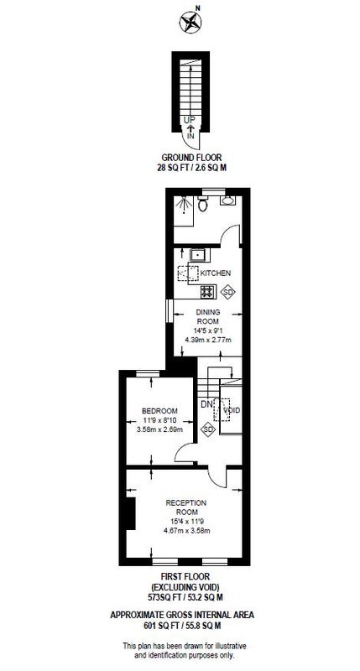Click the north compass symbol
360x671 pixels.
pyautogui.click(x=190, y=22)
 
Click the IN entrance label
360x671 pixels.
pyautogui.click(x=190, y=136)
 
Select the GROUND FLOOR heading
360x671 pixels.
pyautogui.click(x=191, y=158)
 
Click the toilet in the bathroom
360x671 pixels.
pyautogui.click(x=202, y=204)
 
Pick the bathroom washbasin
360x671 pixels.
pyautogui.click(x=227, y=200)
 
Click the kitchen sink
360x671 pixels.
pyautogui.click(x=198, y=256)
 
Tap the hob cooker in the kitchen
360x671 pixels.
pyautogui.click(x=207, y=292)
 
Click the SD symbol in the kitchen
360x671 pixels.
pyautogui.click(x=228, y=292)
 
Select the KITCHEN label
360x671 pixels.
pyautogui.click(x=216, y=273)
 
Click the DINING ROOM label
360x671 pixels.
pyautogui.click(x=208, y=316)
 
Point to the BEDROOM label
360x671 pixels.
pyautogui.click(x=159, y=411)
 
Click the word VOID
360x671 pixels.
pyautogui.click(x=232, y=410)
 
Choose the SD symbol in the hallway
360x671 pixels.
pyautogui.click(x=208, y=429)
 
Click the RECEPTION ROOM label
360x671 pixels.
pyautogui.click(x=186, y=507)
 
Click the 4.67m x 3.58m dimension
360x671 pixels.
pyautogui.click(x=186, y=531)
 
